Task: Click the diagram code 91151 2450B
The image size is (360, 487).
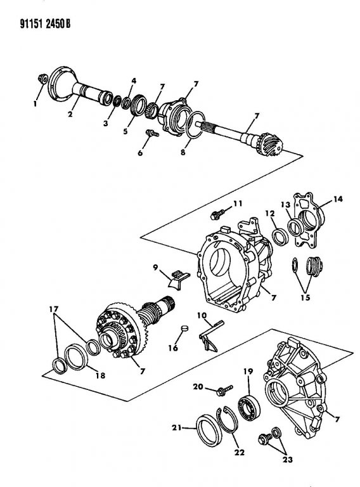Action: (x=45, y=23)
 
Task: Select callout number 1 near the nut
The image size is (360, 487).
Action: (x=35, y=104)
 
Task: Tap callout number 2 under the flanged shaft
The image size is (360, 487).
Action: (x=70, y=114)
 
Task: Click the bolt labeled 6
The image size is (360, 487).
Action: (x=152, y=133)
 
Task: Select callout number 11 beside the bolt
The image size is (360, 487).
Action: (x=238, y=204)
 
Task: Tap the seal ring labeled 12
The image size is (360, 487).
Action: (x=280, y=237)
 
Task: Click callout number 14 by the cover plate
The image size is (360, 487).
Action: (x=338, y=198)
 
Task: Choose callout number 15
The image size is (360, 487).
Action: (x=305, y=297)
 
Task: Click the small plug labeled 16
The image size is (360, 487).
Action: (x=184, y=328)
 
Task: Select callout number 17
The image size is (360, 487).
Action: (x=54, y=309)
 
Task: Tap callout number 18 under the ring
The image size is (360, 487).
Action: (x=100, y=375)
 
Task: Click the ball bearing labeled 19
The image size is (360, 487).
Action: (x=248, y=406)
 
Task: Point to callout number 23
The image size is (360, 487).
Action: (x=287, y=459)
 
